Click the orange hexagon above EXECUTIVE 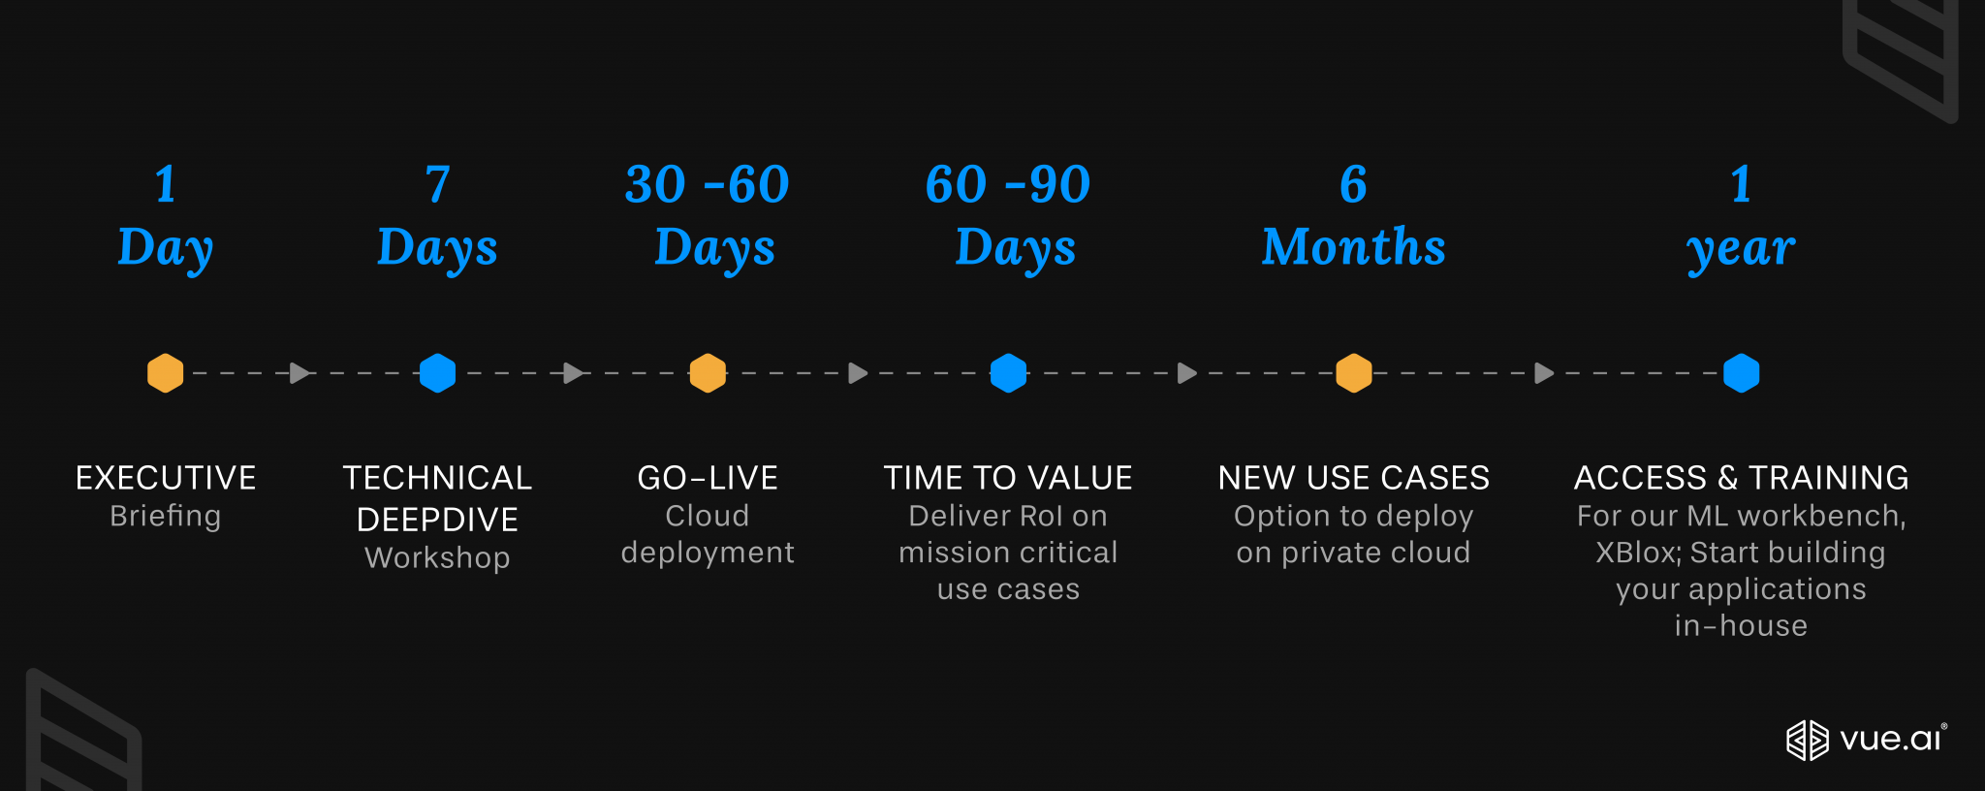[166, 373]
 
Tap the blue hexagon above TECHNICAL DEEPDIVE [437, 373]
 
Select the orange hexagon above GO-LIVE [708, 373]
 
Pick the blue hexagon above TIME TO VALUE [1008, 373]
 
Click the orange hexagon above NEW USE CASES [1354, 373]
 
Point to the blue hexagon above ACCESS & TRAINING [1741, 373]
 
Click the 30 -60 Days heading [709, 216]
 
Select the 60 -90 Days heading [1009, 216]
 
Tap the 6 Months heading [1354, 216]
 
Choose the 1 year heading [1741, 216]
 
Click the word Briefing [166, 517]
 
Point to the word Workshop [437, 558]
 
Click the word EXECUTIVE [166, 478]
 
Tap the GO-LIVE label [708, 478]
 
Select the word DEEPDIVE [437, 520]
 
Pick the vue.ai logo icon [1807, 741]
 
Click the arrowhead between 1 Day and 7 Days [299, 373]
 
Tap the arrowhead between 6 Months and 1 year [1544, 373]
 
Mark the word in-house [1741, 626]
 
